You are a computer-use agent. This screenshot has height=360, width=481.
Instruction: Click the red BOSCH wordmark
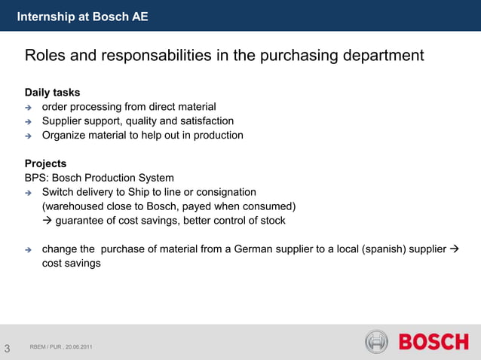433,342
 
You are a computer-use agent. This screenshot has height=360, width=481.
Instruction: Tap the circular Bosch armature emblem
376,342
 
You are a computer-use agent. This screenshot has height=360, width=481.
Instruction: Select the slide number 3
7,348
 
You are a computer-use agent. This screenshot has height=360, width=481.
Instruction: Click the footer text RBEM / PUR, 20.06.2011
62,346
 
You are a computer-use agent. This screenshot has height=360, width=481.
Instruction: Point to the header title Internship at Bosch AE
82,16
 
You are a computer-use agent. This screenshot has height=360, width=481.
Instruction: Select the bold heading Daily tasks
52,93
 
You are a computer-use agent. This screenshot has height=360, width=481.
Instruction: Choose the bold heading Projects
45,163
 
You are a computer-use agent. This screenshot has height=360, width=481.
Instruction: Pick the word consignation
224,193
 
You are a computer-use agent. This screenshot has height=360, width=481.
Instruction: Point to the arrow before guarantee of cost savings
47,221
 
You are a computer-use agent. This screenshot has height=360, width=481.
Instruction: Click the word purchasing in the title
299,56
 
